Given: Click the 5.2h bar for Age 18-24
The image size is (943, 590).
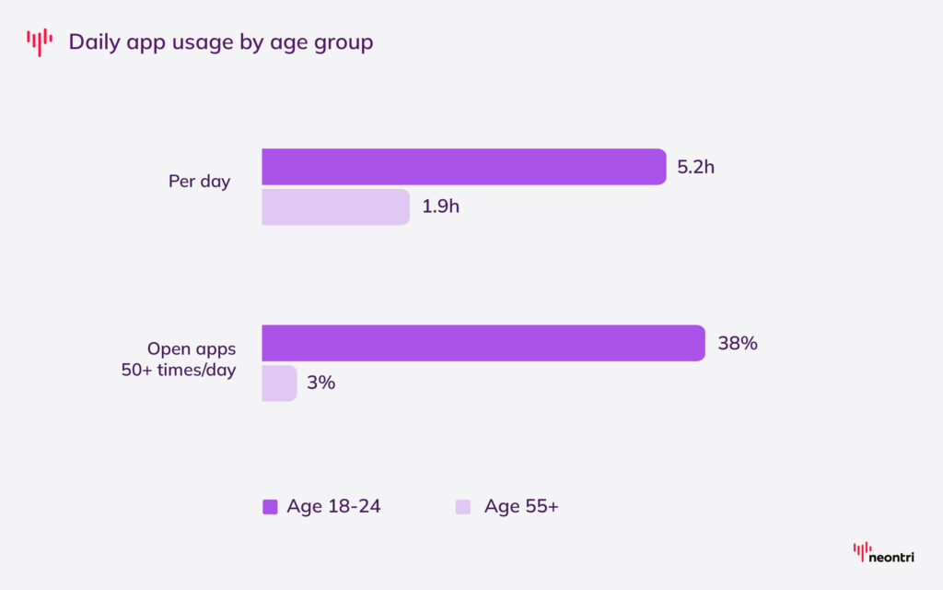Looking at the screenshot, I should click(463, 167).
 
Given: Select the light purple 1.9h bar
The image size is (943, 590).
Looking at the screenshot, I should click(335, 207).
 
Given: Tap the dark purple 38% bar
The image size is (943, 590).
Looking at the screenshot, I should click(483, 343).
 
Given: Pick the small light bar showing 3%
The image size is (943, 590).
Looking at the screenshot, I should click(279, 383).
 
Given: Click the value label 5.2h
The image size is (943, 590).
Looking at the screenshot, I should click(695, 167).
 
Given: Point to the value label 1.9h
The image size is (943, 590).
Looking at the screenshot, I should click(440, 207).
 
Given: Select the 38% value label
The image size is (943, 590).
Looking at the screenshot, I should click(737, 343).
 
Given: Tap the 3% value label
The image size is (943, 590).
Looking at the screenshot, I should click(320, 383).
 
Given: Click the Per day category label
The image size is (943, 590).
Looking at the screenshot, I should click(199, 182).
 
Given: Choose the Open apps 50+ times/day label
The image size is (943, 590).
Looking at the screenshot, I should click(192, 360).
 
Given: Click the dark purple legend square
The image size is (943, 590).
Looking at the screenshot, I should click(270, 506).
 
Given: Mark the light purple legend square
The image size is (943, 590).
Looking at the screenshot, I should click(463, 506).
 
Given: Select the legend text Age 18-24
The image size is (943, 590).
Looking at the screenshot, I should click(333, 506).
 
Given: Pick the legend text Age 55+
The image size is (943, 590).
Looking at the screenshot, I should click(521, 506).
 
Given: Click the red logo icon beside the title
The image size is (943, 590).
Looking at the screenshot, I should click(40, 41).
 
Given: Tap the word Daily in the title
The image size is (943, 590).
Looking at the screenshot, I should click(95, 42).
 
